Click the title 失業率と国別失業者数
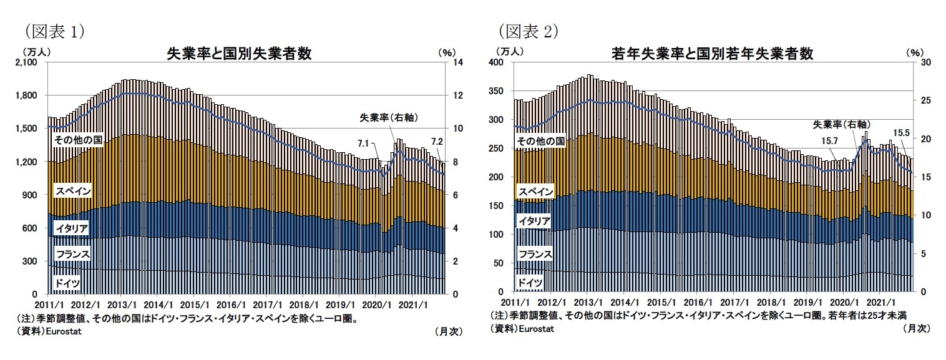[238, 54]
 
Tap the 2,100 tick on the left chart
[31, 62]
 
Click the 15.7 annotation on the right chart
[829, 141]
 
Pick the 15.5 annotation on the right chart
[902, 132]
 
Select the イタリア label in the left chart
[71, 229]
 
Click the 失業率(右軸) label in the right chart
[842, 124]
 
